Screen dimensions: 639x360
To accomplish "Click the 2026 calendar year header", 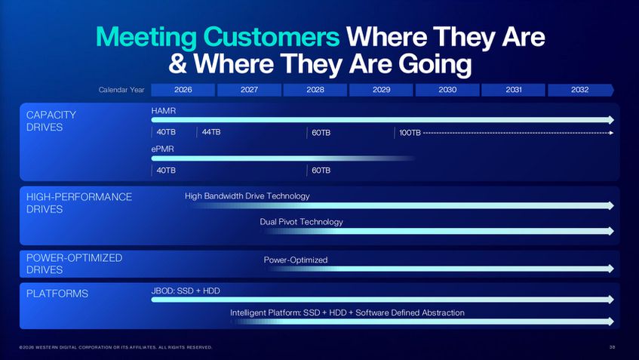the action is click(183, 90).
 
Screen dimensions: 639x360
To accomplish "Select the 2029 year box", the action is click(381, 90).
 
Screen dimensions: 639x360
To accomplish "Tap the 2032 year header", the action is click(580, 90).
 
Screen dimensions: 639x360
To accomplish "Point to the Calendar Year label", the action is click(121, 90).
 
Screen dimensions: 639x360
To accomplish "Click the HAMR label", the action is click(164, 110).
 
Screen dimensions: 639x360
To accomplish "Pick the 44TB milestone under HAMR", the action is click(211, 132).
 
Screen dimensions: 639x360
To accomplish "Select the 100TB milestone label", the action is click(410, 133).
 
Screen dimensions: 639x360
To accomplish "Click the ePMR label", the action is click(163, 149).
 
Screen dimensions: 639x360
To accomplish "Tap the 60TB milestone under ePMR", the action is click(321, 171).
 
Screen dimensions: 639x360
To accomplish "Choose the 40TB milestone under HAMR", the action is click(166, 132).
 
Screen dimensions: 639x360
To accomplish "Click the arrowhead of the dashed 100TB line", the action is click(611, 133).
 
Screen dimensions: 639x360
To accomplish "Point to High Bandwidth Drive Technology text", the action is click(247, 196).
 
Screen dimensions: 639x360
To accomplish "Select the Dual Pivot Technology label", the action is click(301, 222).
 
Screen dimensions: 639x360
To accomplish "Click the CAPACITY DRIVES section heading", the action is click(51, 121).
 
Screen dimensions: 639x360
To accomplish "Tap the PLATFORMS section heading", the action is click(57, 294).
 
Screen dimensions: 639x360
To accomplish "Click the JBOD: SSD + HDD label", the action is click(186, 291).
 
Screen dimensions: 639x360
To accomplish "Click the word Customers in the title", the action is click(271, 37).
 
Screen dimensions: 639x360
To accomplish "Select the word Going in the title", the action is click(435, 65).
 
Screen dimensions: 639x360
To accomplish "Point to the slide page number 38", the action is click(612, 347).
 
